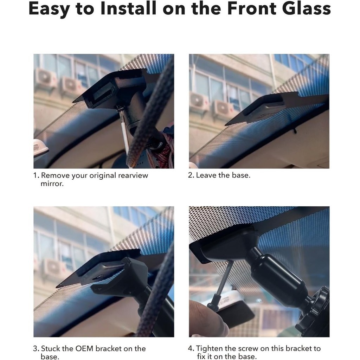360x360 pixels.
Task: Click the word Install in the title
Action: [x=128, y=8]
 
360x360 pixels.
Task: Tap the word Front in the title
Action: [x=252, y=8]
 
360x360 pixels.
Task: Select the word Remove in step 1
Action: [x=55, y=175]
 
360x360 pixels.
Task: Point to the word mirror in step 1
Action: [x=52, y=184]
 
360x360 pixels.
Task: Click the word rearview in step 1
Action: [x=133, y=175]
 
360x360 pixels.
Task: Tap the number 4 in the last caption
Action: [x=191, y=348]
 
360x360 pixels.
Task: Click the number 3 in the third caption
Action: [x=36, y=348]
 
